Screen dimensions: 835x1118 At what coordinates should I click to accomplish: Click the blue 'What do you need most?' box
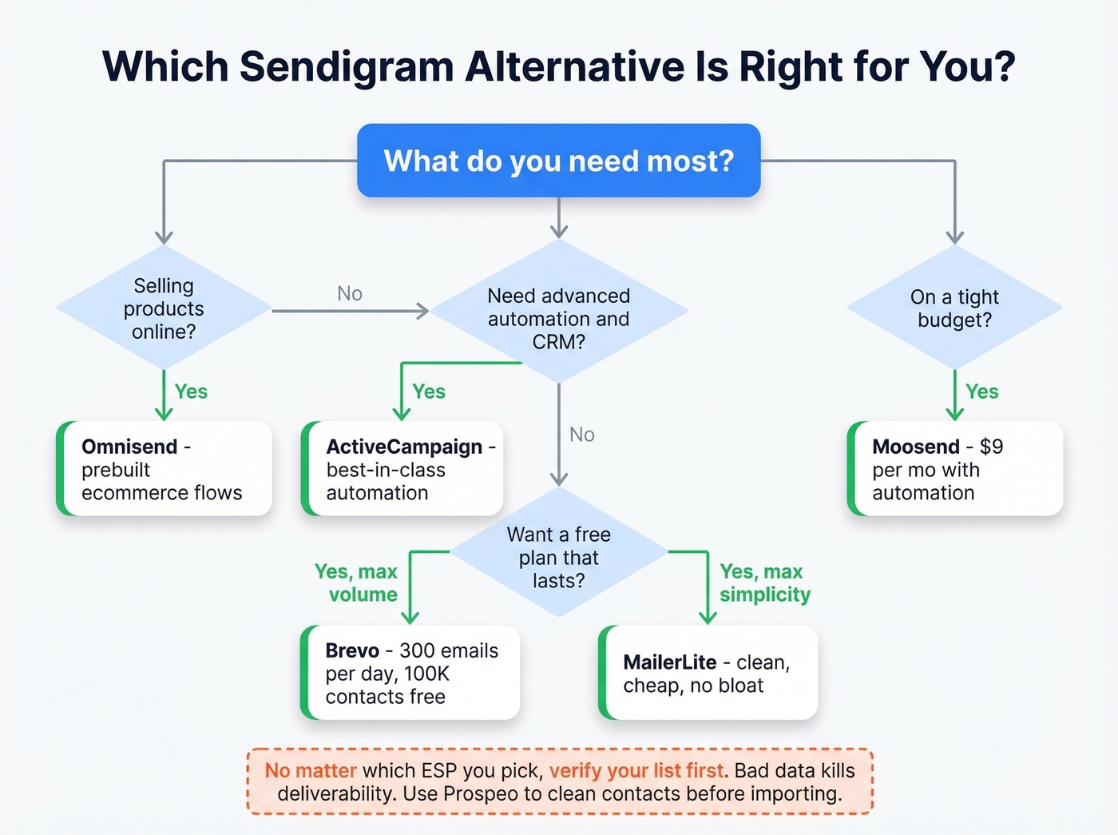[558, 161]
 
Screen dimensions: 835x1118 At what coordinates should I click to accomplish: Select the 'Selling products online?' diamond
[164, 308]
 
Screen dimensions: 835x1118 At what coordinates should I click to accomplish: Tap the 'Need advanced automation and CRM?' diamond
[558, 318]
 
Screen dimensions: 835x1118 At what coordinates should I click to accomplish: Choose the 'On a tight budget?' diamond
[954, 308]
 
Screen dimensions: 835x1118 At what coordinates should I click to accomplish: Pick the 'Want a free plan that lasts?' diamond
[558, 557]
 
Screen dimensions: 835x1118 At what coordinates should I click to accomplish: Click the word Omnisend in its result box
[129, 447]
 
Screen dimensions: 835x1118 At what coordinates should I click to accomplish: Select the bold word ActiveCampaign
[404, 447]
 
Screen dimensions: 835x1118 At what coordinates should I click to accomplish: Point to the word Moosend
[915, 447]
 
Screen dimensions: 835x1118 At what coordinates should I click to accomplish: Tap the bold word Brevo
[352, 650]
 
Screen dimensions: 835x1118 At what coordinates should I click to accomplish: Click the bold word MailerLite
[669, 662]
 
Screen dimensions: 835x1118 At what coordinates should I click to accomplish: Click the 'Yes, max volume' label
[356, 583]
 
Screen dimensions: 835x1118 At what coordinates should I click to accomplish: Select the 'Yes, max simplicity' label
[764, 583]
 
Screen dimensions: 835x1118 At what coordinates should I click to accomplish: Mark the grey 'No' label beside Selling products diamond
[350, 294]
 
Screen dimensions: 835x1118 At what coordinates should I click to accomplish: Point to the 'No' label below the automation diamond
[582, 435]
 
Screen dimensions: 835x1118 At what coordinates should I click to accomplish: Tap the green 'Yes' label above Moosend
[981, 392]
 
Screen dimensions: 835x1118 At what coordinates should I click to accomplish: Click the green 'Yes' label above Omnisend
[191, 392]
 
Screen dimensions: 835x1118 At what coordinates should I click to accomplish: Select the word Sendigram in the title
[347, 66]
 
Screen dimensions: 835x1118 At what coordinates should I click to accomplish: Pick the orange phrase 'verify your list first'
[638, 771]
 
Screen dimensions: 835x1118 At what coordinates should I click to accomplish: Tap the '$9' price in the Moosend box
[991, 447]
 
